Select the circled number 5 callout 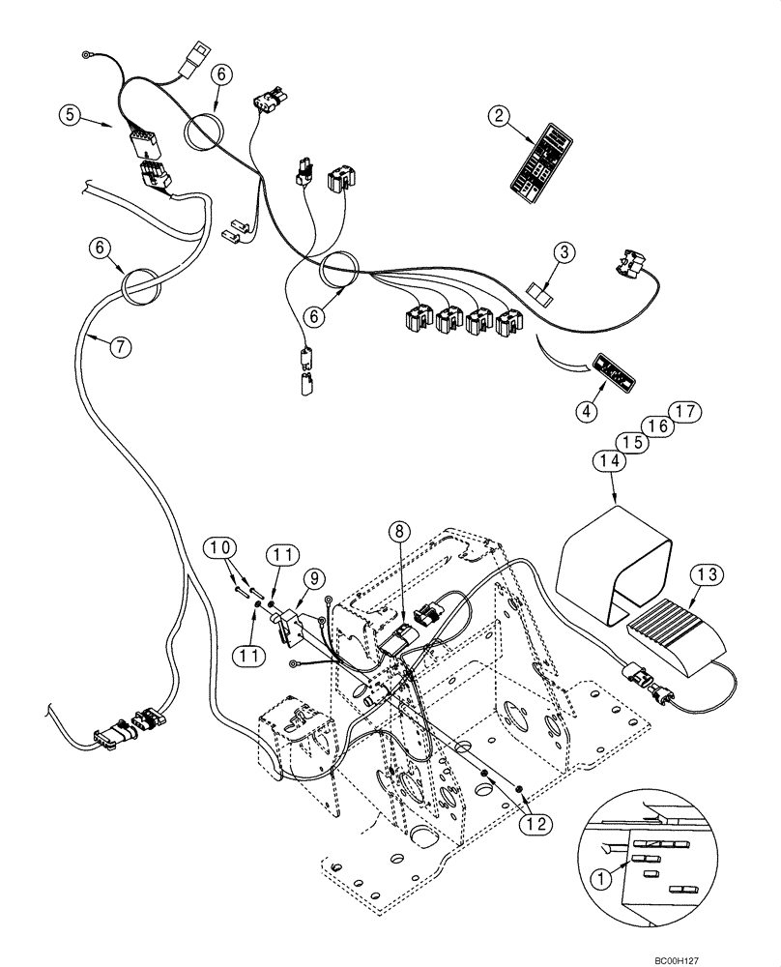coord(68,114)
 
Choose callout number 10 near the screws coord(218,549)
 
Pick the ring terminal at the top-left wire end coord(89,54)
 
